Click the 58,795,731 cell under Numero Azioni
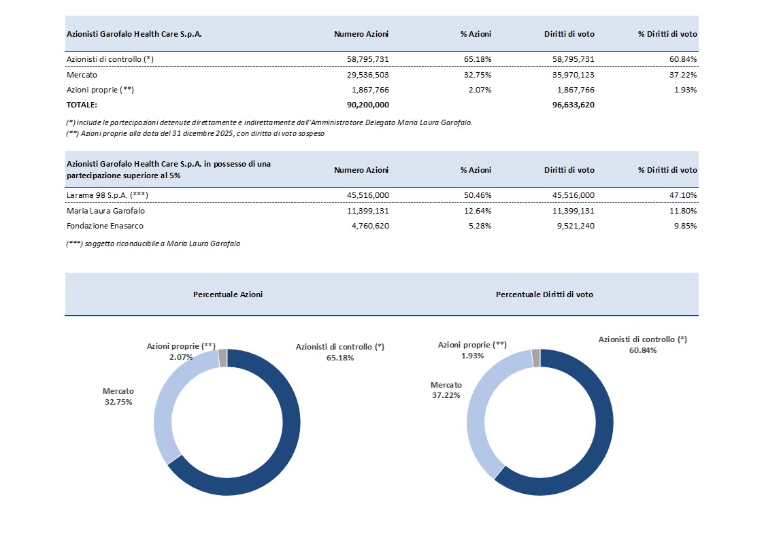pos(367,59)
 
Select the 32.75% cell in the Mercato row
pos(476,74)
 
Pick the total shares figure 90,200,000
pos(367,105)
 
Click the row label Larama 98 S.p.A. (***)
pos(107,195)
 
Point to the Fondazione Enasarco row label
pos(105,226)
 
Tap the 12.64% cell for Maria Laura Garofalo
pos(476,211)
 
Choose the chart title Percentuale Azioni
pos(228,294)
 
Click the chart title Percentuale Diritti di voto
pos(544,294)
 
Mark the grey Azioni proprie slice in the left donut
pos(222,358)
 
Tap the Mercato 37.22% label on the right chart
pos(446,390)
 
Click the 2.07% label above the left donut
pos(180,356)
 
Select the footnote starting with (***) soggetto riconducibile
pos(153,243)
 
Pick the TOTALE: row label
pos(82,105)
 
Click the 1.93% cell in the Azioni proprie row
pos(684,90)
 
